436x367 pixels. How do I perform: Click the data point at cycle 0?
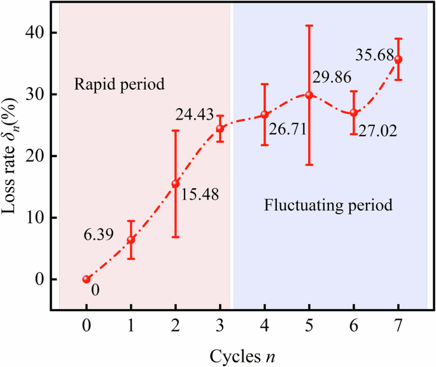click(87, 279)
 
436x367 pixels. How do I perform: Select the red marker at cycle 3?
click(220, 128)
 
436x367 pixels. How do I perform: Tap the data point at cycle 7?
click(398, 59)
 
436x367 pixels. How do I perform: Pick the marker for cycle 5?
click(309, 95)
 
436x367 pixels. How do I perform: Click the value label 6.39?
click(99, 235)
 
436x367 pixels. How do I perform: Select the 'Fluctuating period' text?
click(327, 206)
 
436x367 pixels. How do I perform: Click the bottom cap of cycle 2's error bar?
click(176, 237)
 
